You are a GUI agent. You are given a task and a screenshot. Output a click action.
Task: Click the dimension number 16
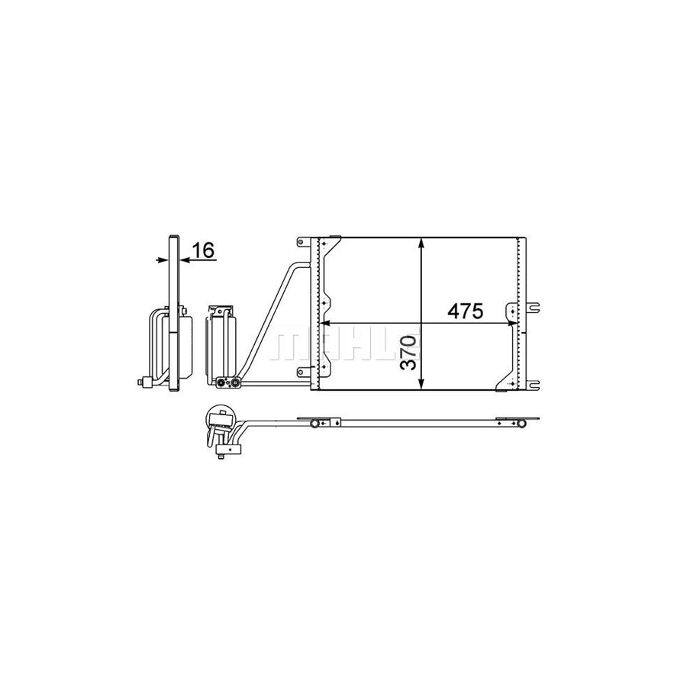pos(204,250)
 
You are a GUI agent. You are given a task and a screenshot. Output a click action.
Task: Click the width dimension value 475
pos(466,311)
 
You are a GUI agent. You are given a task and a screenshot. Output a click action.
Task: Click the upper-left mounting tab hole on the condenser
pos(300,244)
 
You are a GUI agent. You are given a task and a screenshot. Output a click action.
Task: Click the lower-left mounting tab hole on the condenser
pos(300,372)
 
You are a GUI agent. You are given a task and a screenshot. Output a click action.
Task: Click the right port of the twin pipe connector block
pos(235,382)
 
